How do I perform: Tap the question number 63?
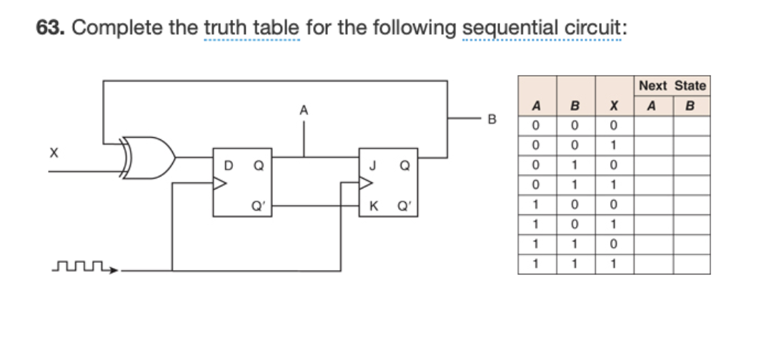click(x=50, y=29)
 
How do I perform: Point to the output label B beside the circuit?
click(x=491, y=119)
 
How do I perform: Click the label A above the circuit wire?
click(x=304, y=110)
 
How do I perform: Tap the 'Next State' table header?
click(x=672, y=86)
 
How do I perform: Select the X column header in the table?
click(x=612, y=107)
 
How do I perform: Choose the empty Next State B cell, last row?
click(x=690, y=265)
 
